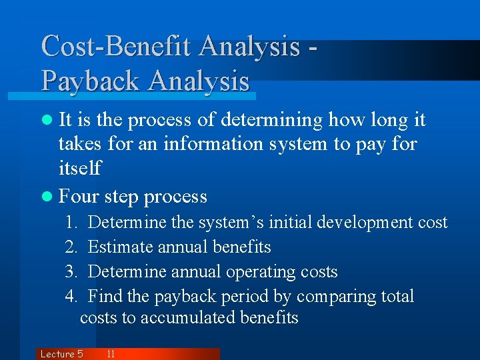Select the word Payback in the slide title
92,81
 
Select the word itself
80,168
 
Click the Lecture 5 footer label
61,354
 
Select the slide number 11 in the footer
111,354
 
